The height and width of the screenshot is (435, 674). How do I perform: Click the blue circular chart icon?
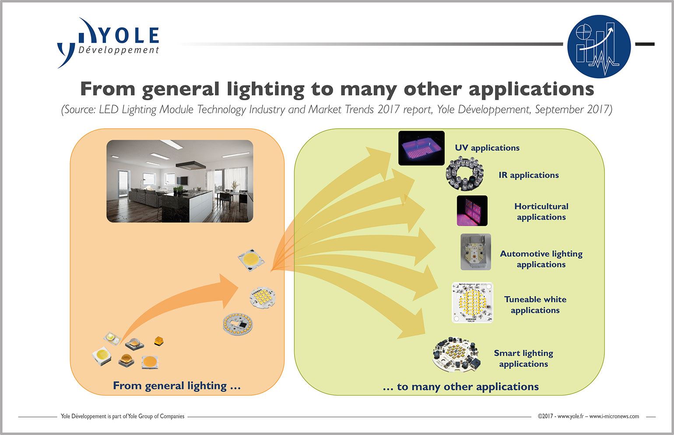click(599, 46)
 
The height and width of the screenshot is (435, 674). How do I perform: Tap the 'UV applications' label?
click(487, 148)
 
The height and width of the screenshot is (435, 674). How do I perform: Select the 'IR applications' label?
click(529, 175)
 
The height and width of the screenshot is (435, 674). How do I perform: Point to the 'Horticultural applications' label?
click(541, 212)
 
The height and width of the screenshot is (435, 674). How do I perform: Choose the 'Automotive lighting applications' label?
click(541, 259)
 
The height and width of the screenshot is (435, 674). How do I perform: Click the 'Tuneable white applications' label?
click(535, 305)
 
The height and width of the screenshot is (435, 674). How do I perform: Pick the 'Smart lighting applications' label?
click(523, 358)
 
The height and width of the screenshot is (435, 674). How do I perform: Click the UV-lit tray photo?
click(421, 148)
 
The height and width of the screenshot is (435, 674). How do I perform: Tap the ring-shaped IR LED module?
click(465, 174)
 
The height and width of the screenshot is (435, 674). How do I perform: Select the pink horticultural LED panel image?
click(472, 211)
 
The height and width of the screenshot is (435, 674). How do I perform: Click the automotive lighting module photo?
click(475, 252)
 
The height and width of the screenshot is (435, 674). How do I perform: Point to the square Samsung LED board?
click(472, 303)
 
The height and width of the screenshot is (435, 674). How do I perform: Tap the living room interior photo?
click(179, 181)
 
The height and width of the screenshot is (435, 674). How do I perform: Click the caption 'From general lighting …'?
click(177, 386)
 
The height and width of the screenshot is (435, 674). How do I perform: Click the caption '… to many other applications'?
click(460, 387)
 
